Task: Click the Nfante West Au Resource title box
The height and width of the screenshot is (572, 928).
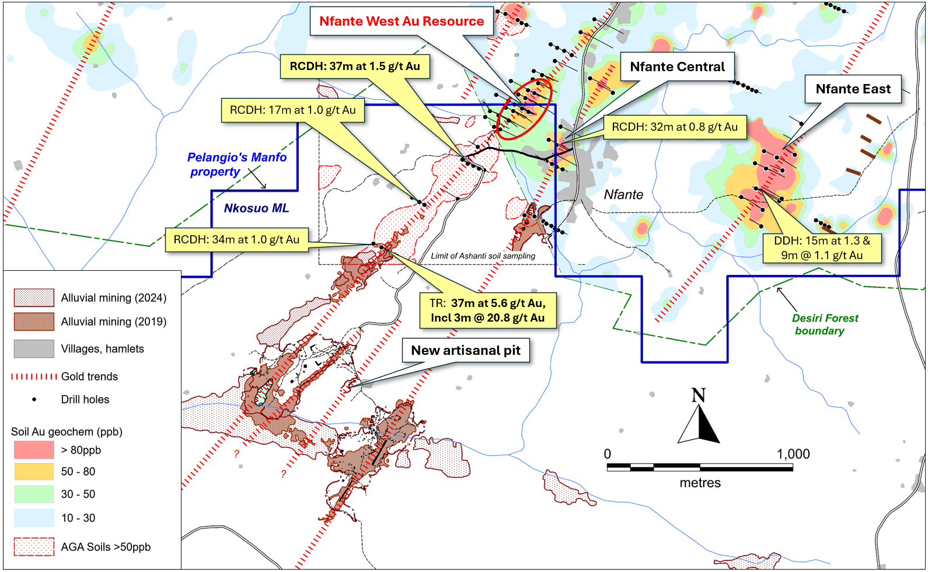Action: [x=402, y=21]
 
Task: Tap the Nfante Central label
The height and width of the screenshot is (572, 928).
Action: [x=677, y=67]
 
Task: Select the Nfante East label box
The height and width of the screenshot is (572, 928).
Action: [x=853, y=89]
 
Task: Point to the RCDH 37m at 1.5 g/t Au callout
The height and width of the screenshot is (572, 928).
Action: [x=355, y=67]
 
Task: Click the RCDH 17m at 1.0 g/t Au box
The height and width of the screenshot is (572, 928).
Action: [x=293, y=110]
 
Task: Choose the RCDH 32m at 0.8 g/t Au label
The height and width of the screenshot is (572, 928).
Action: [x=675, y=127]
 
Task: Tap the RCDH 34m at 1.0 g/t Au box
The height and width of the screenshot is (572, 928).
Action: [x=236, y=240]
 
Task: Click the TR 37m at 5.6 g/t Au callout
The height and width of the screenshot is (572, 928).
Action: [x=487, y=311]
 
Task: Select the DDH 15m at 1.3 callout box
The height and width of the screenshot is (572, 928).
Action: [x=822, y=248]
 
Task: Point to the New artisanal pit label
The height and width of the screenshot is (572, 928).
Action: [x=466, y=350]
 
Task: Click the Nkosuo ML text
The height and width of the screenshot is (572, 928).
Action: [x=256, y=208]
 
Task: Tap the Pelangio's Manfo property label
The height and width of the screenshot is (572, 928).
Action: [x=236, y=165]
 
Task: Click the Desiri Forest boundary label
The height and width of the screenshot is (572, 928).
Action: [x=825, y=325]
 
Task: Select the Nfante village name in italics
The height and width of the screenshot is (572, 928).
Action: [x=623, y=195]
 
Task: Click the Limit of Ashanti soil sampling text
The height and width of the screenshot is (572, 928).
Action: [x=483, y=256]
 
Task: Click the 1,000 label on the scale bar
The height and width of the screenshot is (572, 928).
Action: [x=793, y=454]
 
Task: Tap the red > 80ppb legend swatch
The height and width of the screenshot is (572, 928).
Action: [x=34, y=450]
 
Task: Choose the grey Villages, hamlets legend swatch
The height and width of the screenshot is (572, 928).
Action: [x=34, y=349]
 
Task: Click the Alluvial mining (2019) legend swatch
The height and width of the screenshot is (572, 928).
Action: [x=34, y=322]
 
